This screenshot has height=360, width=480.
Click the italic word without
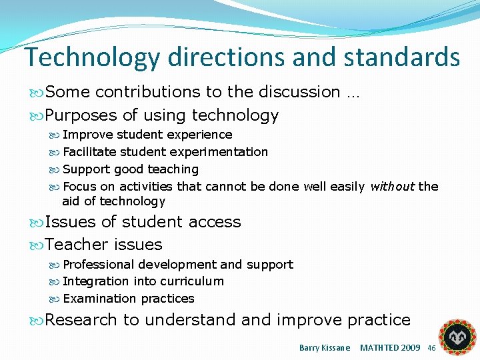[392, 187]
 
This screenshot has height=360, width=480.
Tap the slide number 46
[431, 349]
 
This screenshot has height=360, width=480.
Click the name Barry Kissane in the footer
[325, 348]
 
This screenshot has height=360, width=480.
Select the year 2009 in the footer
[409, 348]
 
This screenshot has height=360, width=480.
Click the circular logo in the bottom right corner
[457, 337]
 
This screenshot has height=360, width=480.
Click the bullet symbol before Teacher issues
[37, 245]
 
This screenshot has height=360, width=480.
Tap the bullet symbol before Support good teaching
[55, 170]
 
